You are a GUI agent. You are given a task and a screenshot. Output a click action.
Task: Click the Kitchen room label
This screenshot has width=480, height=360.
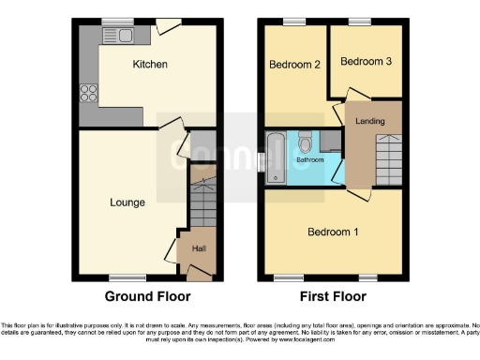coord(150,65)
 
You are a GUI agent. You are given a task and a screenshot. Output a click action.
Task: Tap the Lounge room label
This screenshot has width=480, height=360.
coord(127,202)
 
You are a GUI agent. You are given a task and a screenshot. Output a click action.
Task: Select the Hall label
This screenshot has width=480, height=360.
coord(199,248)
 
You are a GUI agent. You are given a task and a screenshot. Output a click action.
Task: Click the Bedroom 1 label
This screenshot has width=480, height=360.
coord(332,231)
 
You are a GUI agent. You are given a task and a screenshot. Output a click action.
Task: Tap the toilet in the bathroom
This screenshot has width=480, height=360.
coord(304,142)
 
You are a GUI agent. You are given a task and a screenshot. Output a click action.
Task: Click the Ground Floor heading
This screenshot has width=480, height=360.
coord(148,296)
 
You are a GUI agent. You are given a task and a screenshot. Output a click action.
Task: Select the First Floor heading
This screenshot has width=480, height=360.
coord(333,296)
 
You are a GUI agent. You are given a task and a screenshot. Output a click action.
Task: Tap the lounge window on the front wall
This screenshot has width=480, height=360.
coord(126,277)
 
